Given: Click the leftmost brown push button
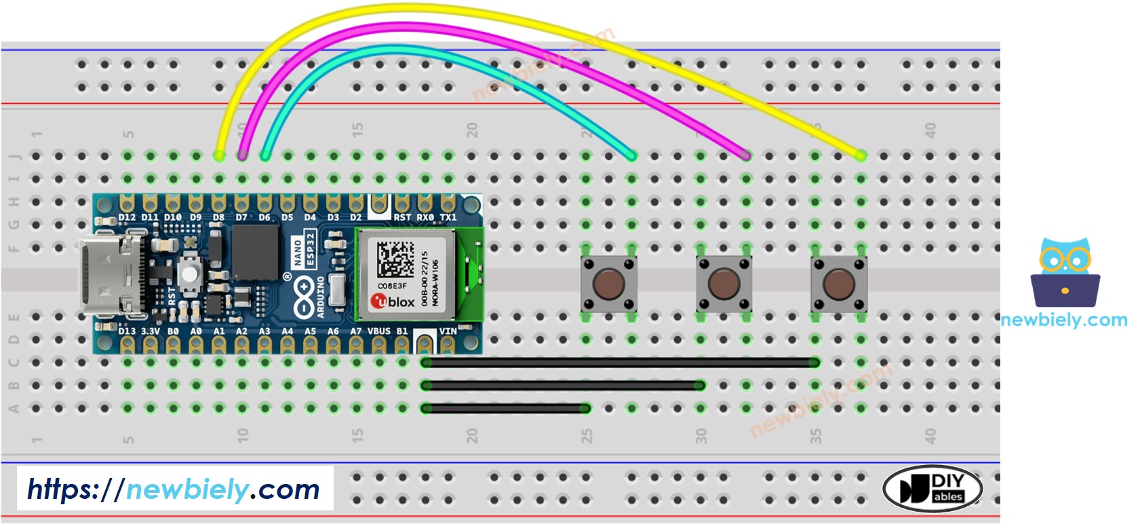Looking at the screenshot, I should click(x=608, y=283).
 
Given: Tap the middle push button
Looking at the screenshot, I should click(x=724, y=283).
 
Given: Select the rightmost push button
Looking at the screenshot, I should click(x=838, y=283).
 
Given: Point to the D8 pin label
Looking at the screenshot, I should click(x=218, y=218).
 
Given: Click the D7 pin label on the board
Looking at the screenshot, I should click(x=241, y=218).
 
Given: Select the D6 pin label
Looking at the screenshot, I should click(x=264, y=218).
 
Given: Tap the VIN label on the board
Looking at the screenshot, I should click(x=448, y=331).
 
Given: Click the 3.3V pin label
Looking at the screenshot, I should click(x=150, y=331).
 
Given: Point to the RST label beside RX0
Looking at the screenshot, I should click(x=402, y=218).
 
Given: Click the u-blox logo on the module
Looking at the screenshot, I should click(x=393, y=302).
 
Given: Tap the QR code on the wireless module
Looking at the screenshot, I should click(x=395, y=259).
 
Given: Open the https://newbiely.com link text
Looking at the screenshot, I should click(x=174, y=489).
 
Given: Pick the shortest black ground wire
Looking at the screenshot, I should click(x=505, y=408).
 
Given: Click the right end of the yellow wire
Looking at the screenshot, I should click(x=860, y=156).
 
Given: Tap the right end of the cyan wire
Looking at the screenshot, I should click(x=631, y=156).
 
